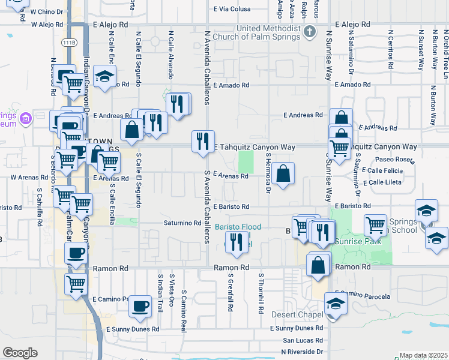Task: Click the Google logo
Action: coord(20,353)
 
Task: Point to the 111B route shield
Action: coord(70,43)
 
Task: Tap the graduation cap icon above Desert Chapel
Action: coord(336,304)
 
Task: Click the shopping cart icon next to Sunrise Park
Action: coord(376,226)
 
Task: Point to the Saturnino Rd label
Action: coord(182,223)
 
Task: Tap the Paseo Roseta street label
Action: coord(395,160)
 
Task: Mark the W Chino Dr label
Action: coord(46,12)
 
